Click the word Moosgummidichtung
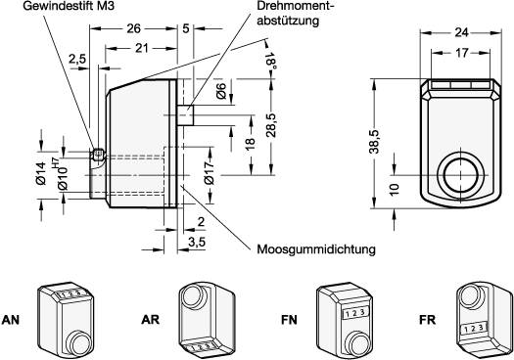point(316,249)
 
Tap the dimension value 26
point(131,28)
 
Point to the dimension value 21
point(141,48)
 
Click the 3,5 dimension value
point(198,240)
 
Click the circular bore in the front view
point(461,176)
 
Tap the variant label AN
point(12,319)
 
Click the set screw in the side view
point(97,155)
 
